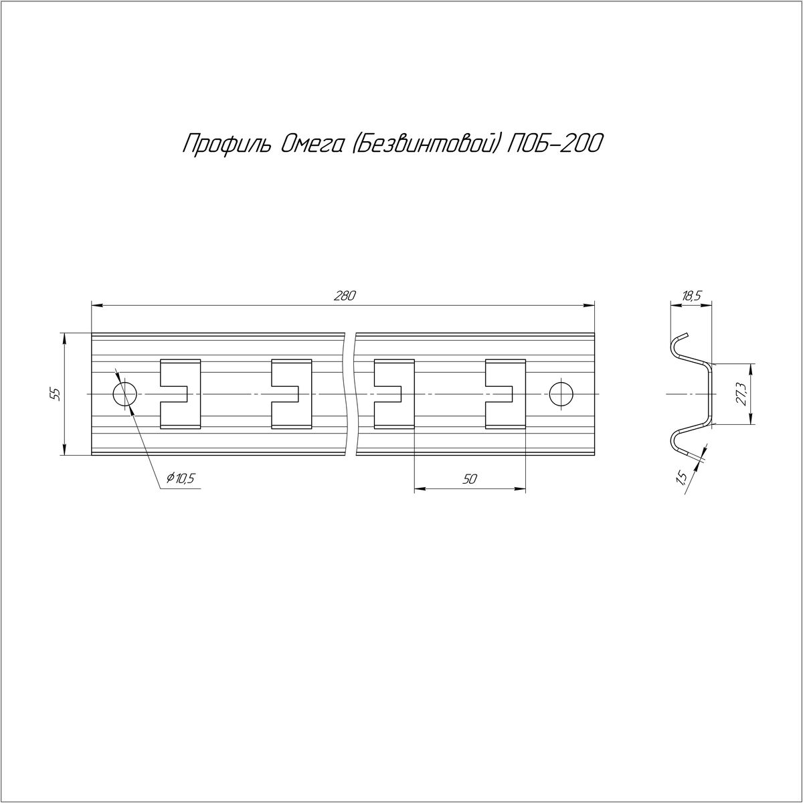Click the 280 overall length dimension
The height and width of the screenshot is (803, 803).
click(345, 296)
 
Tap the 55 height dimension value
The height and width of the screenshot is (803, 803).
click(57, 393)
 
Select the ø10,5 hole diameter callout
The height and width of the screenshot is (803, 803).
click(181, 479)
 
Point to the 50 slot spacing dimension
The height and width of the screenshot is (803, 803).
click(469, 479)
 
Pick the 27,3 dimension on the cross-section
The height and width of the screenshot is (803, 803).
click(741, 393)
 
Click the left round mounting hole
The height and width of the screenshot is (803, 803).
click(124, 393)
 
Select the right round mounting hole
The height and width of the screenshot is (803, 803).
click(561, 393)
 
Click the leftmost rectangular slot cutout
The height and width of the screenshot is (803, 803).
click(180, 393)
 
